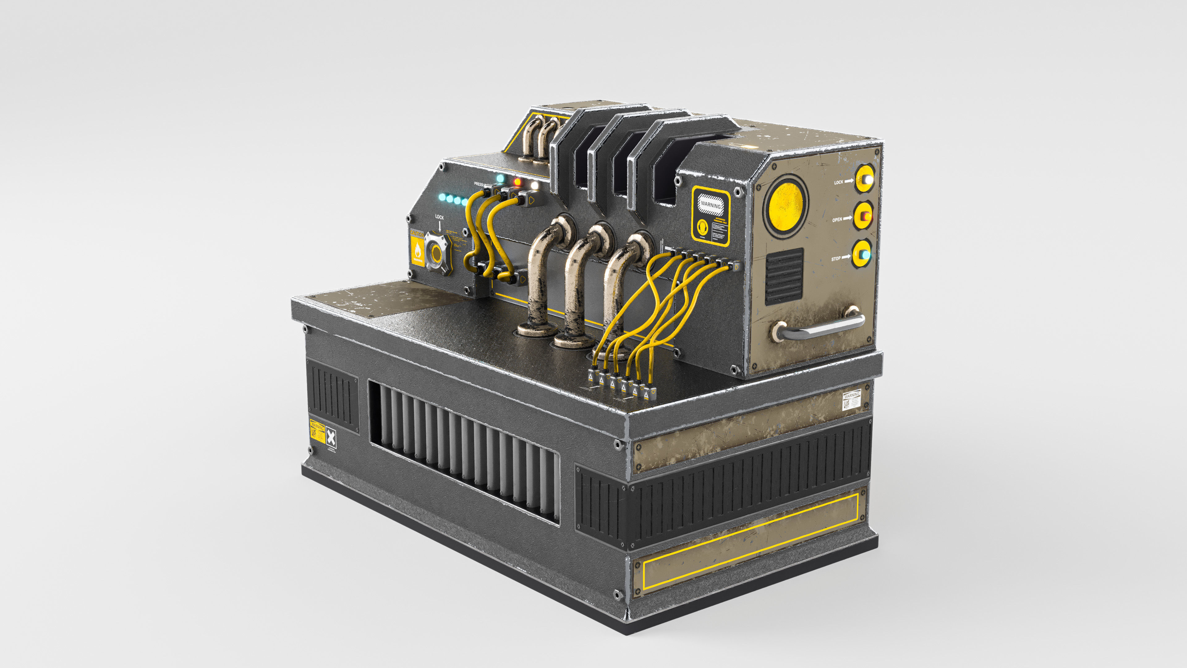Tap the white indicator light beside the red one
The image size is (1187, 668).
[x=534, y=185]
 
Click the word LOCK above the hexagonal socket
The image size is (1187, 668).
[x=439, y=217]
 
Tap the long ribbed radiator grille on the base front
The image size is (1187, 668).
[x=463, y=452]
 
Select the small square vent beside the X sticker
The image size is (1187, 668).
[x=333, y=396]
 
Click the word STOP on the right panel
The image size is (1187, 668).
[x=836, y=259]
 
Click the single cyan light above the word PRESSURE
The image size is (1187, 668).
[x=500, y=178]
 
